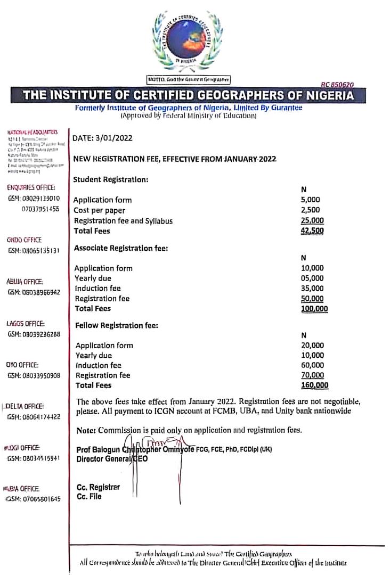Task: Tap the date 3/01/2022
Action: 103,138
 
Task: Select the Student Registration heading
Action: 110,179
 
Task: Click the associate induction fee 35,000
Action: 312,289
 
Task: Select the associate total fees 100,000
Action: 314,309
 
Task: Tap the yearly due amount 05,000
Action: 312,278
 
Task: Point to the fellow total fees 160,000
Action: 315,385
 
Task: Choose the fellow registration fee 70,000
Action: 313,375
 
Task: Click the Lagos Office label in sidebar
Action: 26,324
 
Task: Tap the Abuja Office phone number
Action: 34,292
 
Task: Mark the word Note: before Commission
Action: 85,430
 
